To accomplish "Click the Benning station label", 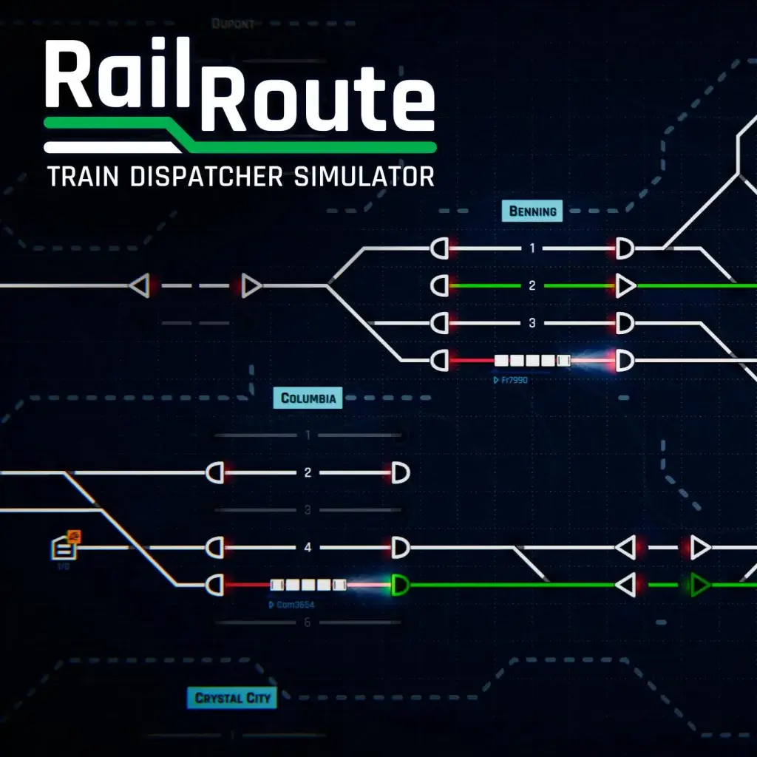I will [532, 211].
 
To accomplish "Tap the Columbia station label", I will [308, 398].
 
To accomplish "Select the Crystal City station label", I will [233, 698].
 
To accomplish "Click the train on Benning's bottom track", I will [532, 361].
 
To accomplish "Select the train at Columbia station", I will [308, 585].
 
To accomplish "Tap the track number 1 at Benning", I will [532, 248].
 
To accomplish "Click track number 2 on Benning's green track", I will [532, 285].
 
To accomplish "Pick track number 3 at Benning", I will [532, 323].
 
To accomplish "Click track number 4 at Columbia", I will [308, 548].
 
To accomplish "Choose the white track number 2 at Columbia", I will [308, 472].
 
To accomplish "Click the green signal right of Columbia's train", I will [400, 585].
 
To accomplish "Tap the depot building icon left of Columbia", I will [64, 548].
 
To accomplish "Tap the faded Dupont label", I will [233, 24].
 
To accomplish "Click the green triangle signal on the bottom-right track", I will [699, 585].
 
